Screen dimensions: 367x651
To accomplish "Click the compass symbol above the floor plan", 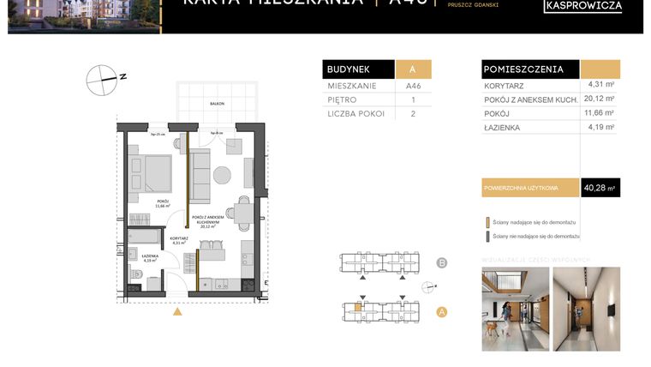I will tap(101, 79).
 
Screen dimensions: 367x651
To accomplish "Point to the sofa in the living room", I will tap(200, 177).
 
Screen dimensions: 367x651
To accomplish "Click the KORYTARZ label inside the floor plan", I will tap(178, 240).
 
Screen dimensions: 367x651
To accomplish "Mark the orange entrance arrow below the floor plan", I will tap(177, 311).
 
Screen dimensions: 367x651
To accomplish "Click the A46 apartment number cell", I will tap(413, 87).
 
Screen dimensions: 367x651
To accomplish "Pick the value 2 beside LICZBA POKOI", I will tap(413, 113).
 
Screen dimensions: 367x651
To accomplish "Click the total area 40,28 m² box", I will tap(600, 187).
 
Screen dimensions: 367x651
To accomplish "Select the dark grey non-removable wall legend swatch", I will tap(487, 235).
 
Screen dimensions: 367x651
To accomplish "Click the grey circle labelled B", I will tap(442, 262).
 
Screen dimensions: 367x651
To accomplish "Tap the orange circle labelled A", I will tap(442, 312).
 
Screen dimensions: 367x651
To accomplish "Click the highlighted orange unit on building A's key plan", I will tap(358, 306).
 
